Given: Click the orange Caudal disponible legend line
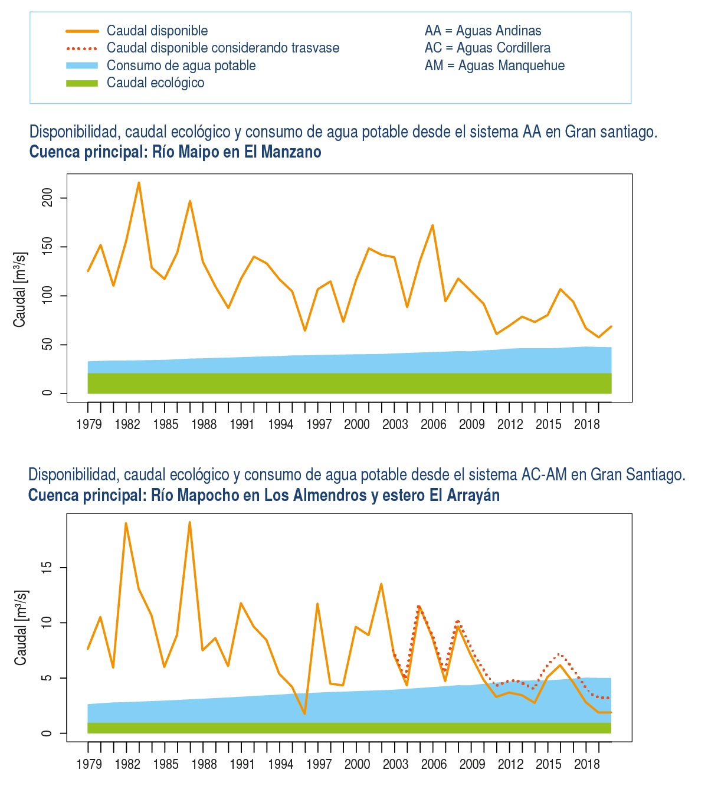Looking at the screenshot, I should (x=81, y=31).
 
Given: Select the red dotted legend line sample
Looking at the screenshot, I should (x=81, y=48).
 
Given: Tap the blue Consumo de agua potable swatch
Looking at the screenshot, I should (x=81, y=66).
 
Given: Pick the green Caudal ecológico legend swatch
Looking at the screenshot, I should (x=81, y=83).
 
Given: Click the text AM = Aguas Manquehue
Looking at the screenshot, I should (x=494, y=66).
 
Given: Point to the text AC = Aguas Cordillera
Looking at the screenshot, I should (x=487, y=48).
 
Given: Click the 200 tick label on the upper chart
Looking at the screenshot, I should (x=47, y=198).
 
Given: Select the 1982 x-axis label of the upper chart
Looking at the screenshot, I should (x=127, y=424).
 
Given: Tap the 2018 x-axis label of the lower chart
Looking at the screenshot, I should (x=586, y=764).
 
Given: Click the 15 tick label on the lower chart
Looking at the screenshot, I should (x=47, y=568).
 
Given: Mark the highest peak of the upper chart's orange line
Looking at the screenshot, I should (x=139, y=182).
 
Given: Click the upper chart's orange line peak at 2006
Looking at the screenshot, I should (x=432, y=225).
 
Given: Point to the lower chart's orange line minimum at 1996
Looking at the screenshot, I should (x=304, y=714).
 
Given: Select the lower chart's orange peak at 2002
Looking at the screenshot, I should (x=381, y=584).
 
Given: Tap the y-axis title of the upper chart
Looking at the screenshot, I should (x=20, y=290).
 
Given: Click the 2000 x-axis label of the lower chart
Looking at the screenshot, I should (x=357, y=764).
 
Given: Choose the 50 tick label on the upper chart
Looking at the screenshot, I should (x=47, y=345).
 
